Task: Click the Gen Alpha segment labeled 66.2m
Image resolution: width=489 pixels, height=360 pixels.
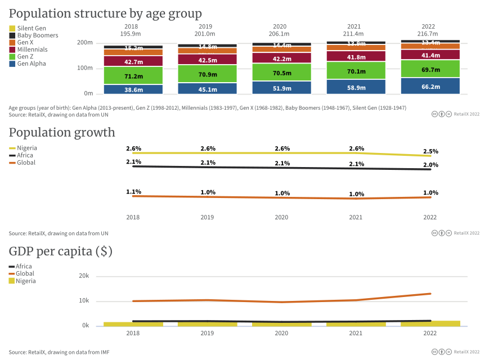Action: (x=430, y=86)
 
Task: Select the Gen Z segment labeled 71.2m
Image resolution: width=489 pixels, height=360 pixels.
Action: (x=133, y=75)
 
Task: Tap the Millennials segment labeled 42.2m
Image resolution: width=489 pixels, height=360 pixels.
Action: (x=281, y=58)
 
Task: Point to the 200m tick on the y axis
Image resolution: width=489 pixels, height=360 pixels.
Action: (x=85, y=43)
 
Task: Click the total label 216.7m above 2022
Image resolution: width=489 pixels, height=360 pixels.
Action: (x=428, y=34)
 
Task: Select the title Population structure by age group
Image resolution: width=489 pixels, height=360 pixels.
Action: (x=105, y=13)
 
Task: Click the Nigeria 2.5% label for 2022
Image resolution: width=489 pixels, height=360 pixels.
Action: (x=430, y=151)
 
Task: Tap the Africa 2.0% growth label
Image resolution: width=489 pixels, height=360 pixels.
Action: (x=430, y=165)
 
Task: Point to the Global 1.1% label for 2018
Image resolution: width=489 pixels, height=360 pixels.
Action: (x=133, y=192)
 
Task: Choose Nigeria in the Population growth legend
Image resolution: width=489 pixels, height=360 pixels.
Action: (x=26, y=148)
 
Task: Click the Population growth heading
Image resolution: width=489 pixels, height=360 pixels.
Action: (x=62, y=133)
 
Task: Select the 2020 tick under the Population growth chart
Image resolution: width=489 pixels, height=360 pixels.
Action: (x=281, y=217)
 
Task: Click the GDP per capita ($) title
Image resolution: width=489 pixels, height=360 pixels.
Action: (x=61, y=252)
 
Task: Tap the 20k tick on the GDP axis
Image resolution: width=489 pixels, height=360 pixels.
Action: (x=84, y=276)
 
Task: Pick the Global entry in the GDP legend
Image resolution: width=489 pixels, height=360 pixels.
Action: (x=25, y=274)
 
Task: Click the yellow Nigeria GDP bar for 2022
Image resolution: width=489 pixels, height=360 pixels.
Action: (x=430, y=323)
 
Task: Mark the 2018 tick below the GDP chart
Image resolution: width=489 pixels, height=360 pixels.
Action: (x=133, y=333)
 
